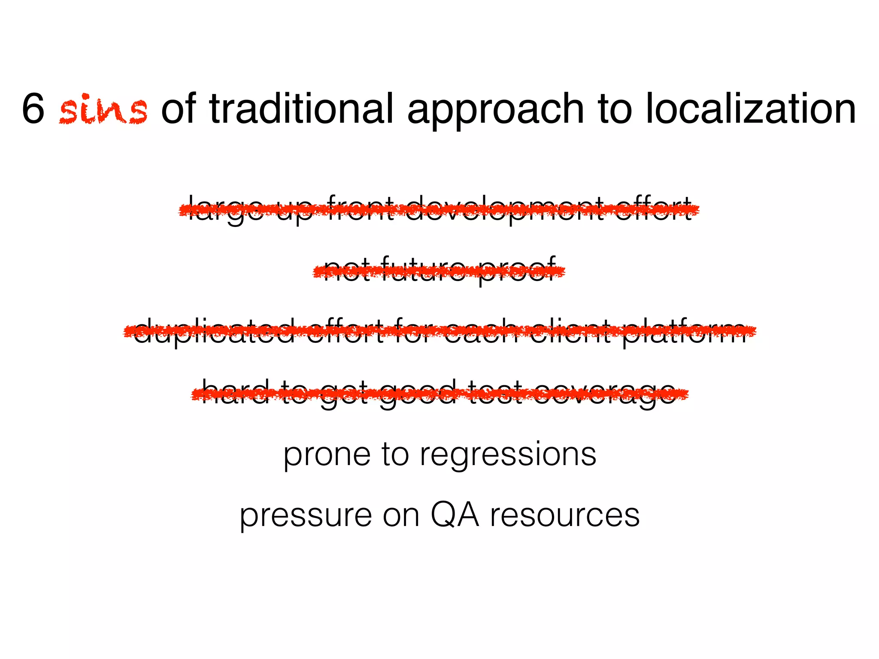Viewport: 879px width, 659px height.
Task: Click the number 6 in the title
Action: (x=33, y=109)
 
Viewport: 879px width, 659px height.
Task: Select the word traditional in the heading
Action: (x=301, y=109)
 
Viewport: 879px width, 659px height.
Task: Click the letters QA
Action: (x=455, y=515)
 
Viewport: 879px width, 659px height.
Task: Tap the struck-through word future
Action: (x=422, y=270)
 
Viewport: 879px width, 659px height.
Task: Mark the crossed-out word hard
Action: (x=235, y=392)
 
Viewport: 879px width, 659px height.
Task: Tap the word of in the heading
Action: (x=179, y=109)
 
